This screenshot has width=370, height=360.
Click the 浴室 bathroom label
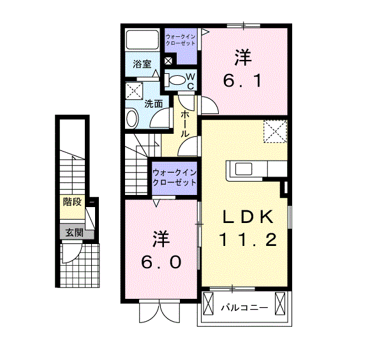[x=142, y=64]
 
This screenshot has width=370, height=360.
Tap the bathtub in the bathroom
[x=142, y=40]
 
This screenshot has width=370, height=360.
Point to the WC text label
[x=191, y=82]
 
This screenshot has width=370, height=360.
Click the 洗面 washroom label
[x=154, y=103]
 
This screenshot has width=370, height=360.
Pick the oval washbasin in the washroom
[x=131, y=118]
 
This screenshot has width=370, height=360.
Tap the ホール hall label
[x=185, y=124]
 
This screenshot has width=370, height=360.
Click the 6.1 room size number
[x=243, y=80]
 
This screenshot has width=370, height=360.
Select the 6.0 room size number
[x=161, y=262]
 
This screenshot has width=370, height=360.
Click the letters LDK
[x=248, y=217]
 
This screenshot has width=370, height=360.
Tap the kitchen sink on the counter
[x=243, y=169]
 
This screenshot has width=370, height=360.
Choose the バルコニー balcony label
[x=245, y=307]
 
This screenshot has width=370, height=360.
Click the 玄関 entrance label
[x=75, y=233]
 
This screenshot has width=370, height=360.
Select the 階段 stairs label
[x=72, y=201]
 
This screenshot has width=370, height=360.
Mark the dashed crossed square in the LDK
[x=275, y=131]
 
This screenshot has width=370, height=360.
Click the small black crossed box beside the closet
[x=168, y=61]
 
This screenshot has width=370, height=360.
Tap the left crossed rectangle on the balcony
[x=208, y=304]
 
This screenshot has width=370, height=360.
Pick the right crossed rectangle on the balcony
[x=280, y=304]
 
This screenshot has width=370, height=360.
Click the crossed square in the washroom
[x=134, y=90]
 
